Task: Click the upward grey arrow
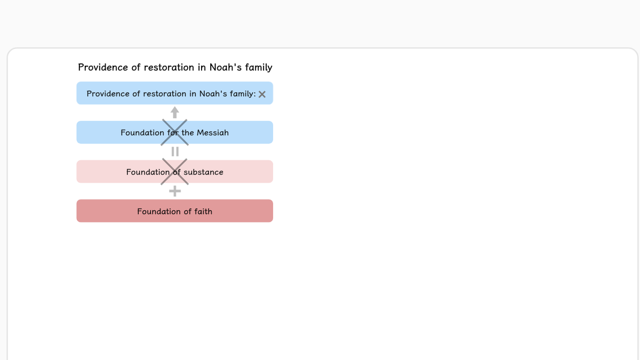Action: click(175, 113)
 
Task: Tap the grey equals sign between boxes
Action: click(175, 151)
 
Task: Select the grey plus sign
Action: click(175, 191)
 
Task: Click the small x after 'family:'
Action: click(262, 94)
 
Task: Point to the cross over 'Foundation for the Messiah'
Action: click(174, 132)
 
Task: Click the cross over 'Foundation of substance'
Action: click(174, 172)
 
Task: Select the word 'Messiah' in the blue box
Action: click(213, 133)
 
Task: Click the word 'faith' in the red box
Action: click(203, 211)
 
